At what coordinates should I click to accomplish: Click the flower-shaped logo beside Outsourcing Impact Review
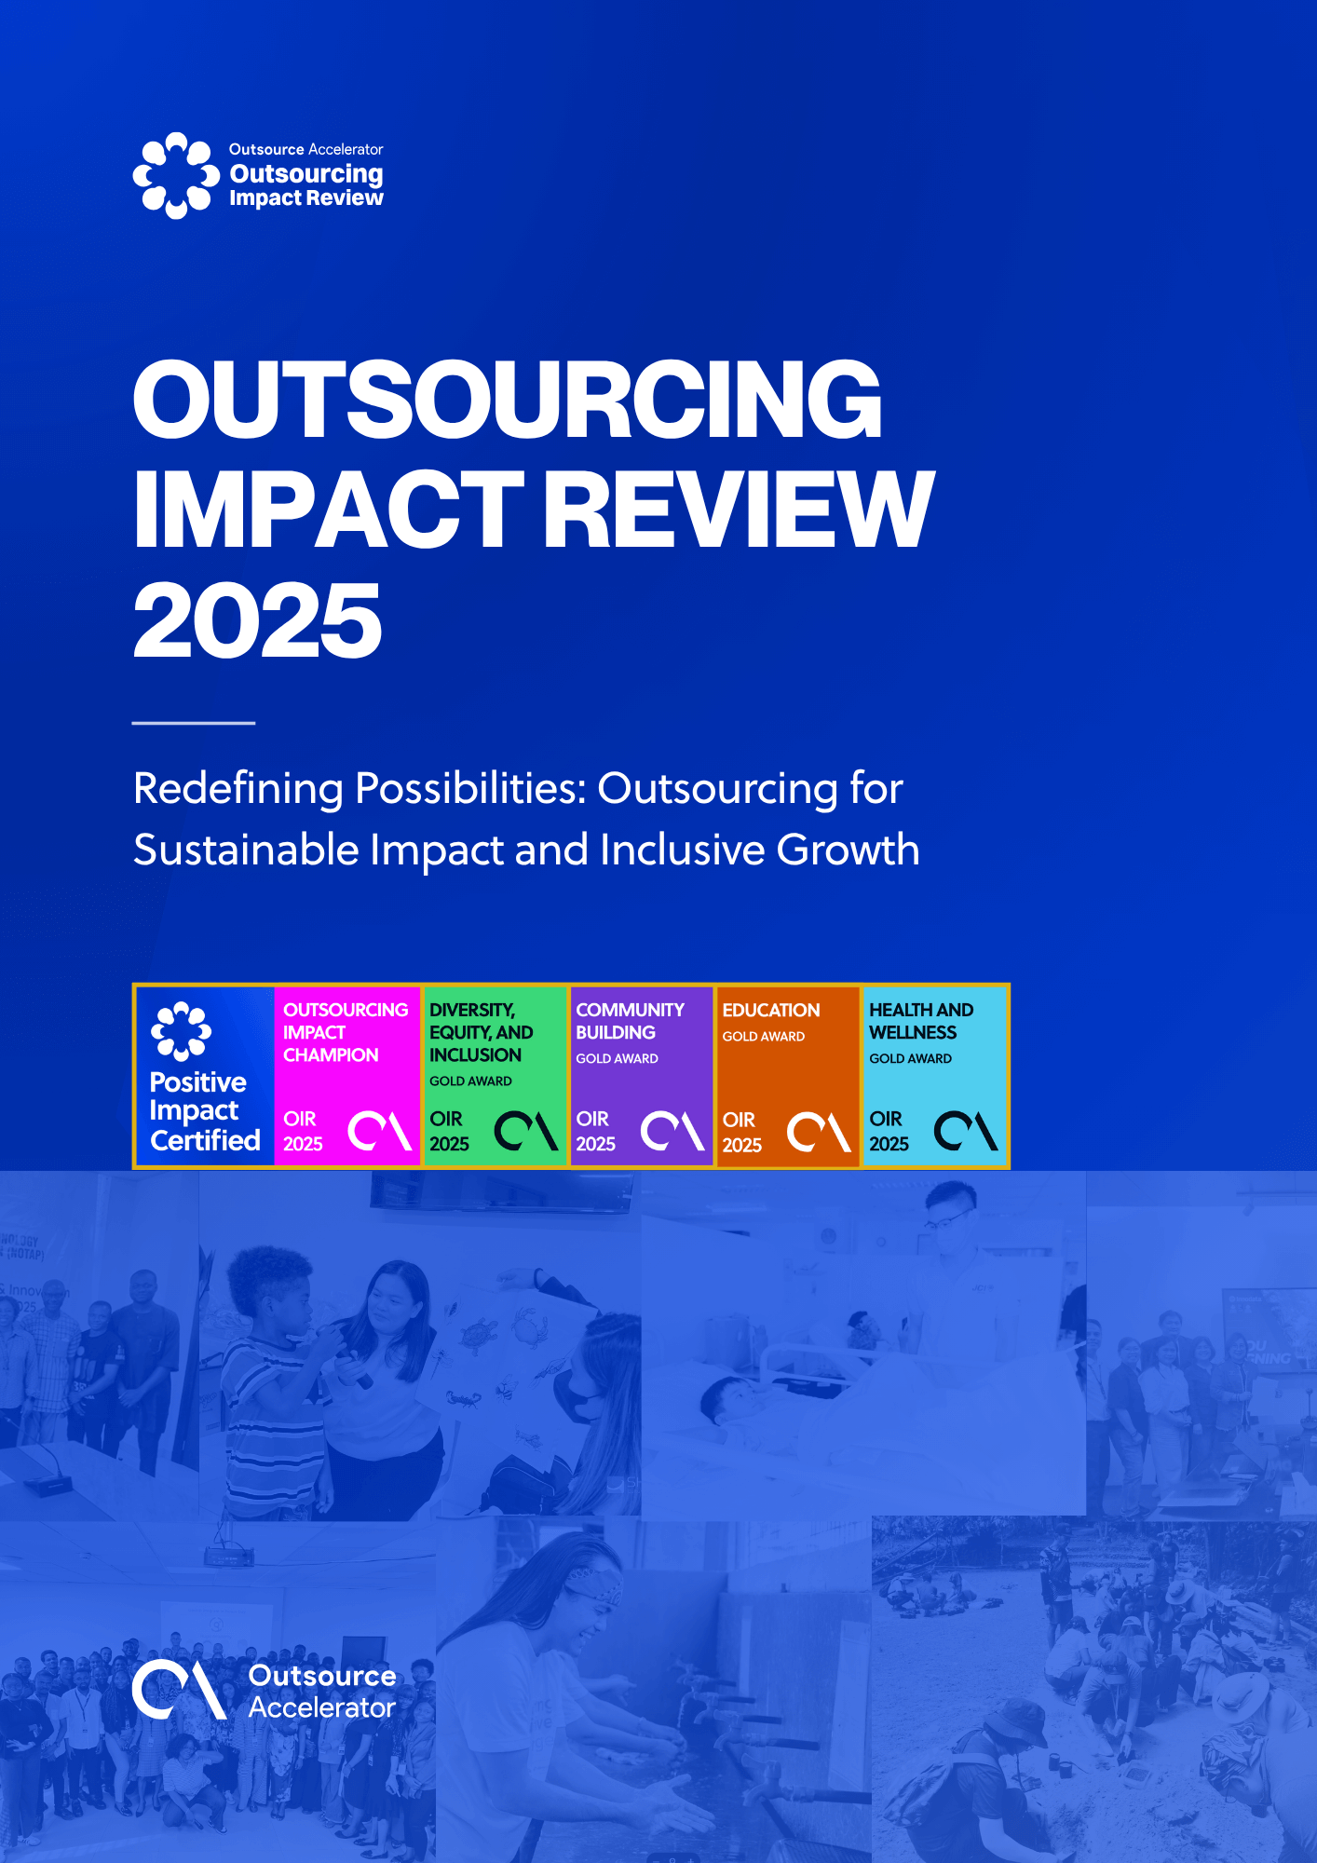click(x=176, y=175)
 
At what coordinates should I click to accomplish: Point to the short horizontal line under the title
click(x=194, y=722)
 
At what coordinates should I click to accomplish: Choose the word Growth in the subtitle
click(x=848, y=850)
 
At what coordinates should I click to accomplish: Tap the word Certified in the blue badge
click(x=206, y=1140)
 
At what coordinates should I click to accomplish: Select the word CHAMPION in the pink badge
click(x=331, y=1054)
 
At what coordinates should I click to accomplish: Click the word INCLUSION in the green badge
click(x=475, y=1054)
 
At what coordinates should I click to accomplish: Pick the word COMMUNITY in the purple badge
click(x=630, y=1010)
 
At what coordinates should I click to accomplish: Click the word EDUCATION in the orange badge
click(x=771, y=1010)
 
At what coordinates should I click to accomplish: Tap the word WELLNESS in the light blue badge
click(x=913, y=1032)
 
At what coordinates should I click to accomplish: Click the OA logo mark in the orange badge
click(x=820, y=1132)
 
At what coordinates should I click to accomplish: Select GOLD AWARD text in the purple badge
click(x=617, y=1058)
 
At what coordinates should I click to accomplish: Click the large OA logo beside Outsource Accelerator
click(x=180, y=1690)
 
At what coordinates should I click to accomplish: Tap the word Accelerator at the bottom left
click(x=322, y=1707)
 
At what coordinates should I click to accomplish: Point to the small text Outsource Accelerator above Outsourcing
click(x=306, y=149)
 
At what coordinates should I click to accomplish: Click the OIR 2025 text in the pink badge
click(x=303, y=1131)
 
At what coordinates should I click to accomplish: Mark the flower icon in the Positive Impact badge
click(x=181, y=1031)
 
